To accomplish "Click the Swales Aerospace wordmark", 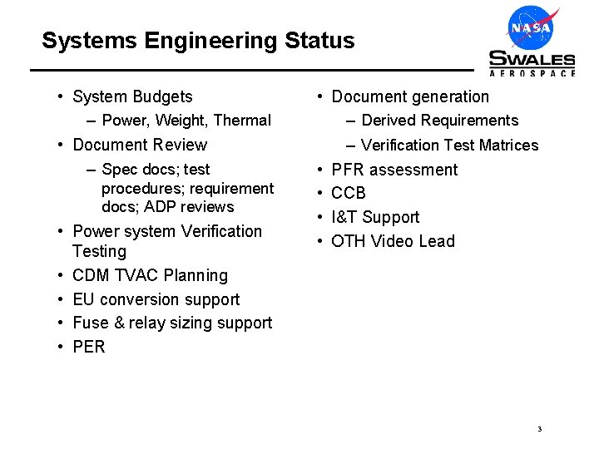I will (532, 62).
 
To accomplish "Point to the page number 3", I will (539, 429).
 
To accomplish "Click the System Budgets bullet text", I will (132, 96).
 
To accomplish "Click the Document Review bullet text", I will (140, 145).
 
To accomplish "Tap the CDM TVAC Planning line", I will (150, 275).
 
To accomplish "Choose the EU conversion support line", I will (156, 299).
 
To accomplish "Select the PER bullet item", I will (89, 347).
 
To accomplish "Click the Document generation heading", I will (410, 96).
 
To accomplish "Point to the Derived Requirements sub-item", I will (439, 121).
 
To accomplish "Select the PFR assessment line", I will (394, 170).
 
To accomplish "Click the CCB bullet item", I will (349, 194).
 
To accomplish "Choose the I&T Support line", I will (375, 217).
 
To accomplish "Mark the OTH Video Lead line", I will (393, 241).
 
